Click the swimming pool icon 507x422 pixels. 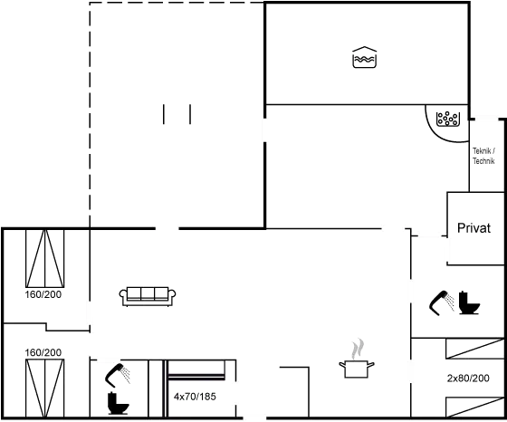click(364, 57)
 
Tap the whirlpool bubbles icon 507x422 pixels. click(448, 119)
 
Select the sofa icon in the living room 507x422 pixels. click(148, 296)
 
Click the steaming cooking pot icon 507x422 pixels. click(357, 359)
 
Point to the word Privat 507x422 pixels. click(474, 228)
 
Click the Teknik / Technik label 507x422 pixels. click(483, 156)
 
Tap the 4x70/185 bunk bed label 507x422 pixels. click(195, 397)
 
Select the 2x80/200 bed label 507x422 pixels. click(468, 378)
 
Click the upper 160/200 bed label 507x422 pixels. click(43, 294)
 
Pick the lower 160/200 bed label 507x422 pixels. click(43, 352)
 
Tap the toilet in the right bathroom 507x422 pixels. click(469, 303)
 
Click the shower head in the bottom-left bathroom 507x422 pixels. click(117, 376)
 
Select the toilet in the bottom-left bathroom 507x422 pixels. click(118, 403)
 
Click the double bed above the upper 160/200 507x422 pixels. click(45, 258)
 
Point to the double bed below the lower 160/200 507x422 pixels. click(45, 388)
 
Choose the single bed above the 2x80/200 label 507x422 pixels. click(475, 349)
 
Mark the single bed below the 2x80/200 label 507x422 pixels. click(475, 408)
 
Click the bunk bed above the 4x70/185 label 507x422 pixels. click(196, 370)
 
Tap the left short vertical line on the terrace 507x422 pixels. click(164, 114)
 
